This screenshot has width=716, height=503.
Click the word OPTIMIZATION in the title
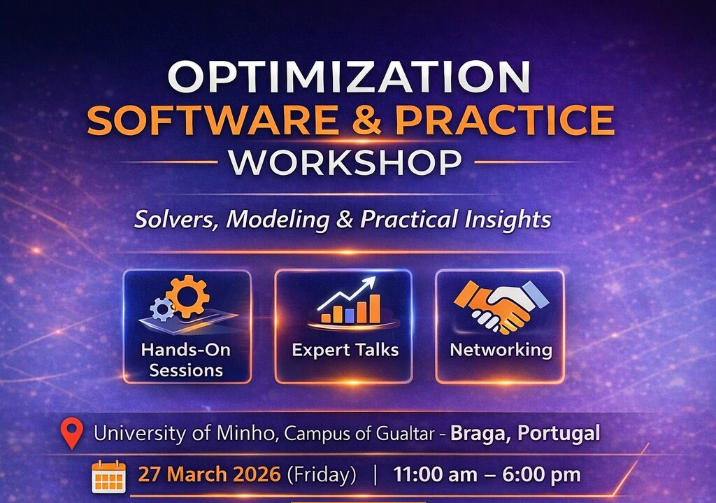pyautogui.click(x=350, y=77)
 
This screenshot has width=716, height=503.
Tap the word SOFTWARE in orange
pyautogui.click(x=213, y=120)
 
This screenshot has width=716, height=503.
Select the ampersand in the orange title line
pyautogui.click(x=366, y=120)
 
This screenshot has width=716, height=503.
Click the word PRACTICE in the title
pyautogui.click(x=504, y=120)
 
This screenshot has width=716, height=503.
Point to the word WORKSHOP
pyautogui.click(x=345, y=162)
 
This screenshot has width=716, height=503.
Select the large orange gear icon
pyautogui.click(x=187, y=296)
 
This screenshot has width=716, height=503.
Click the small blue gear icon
pyautogui.click(x=162, y=309)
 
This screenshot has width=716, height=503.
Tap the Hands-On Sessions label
pyautogui.click(x=186, y=360)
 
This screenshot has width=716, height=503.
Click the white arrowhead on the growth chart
pyautogui.click(x=369, y=283)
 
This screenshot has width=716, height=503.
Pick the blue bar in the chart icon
pyautogui.click(x=350, y=316)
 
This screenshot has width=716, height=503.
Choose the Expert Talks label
pyautogui.click(x=345, y=350)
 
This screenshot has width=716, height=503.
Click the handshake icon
pyautogui.click(x=501, y=306)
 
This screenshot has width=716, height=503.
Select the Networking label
pyautogui.click(x=501, y=350)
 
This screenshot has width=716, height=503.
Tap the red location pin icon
pyautogui.click(x=72, y=434)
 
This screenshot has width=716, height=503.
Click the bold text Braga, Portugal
pyautogui.click(x=525, y=433)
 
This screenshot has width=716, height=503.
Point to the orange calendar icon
pyautogui.click(x=108, y=476)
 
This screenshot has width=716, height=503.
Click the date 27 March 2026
pyautogui.click(x=209, y=474)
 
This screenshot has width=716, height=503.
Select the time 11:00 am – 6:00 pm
pyautogui.click(x=487, y=475)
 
